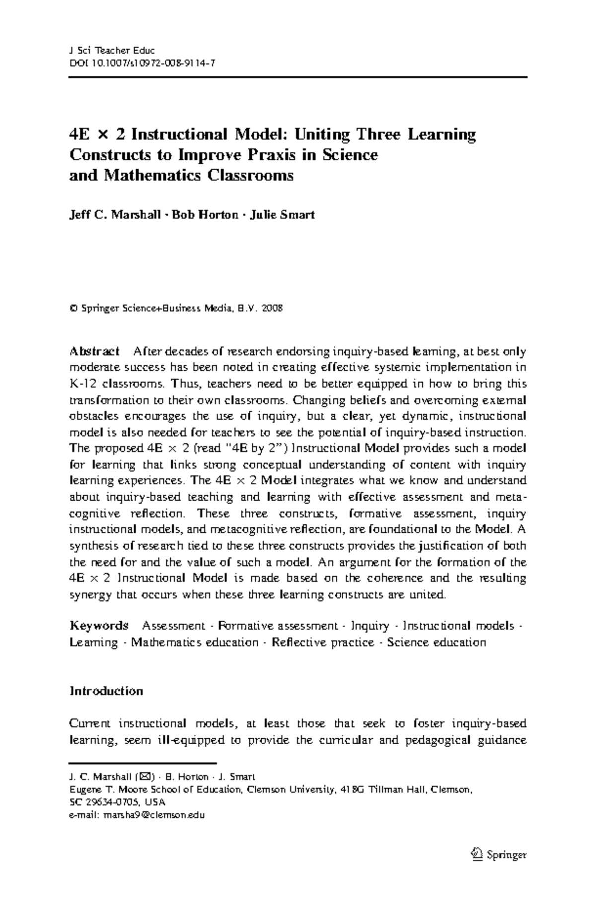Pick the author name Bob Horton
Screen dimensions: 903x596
205,215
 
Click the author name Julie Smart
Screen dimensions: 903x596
282,215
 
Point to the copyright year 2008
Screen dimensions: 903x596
273,308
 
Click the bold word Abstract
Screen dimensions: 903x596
94,352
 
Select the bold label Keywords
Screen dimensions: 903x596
99,626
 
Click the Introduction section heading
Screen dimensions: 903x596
106,691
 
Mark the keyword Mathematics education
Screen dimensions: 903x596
194,643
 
